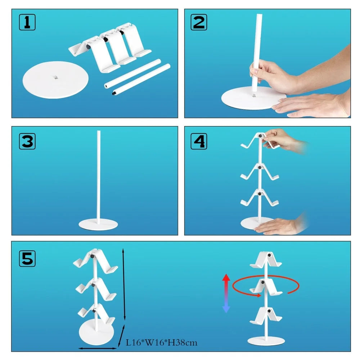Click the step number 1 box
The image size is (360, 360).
tap(27, 22)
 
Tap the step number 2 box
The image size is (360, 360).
tap(199, 22)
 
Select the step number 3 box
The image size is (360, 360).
tap(27, 141)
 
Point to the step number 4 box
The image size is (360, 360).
tap(199, 141)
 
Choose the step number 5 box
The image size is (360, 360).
tap(27, 258)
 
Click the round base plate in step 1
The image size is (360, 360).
tap(55, 80)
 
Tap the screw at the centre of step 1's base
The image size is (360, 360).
tap(56, 78)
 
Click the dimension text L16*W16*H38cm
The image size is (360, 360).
tap(162, 343)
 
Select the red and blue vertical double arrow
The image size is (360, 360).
tap(226, 293)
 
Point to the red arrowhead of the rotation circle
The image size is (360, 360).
tap(259, 296)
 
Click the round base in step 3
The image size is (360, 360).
tap(98, 224)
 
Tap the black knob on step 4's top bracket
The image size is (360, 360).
tap(261, 136)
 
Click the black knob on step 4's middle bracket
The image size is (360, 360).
tap(260, 168)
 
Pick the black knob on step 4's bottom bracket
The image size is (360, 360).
tap(260, 194)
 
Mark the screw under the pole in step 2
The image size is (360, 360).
tap(254, 95)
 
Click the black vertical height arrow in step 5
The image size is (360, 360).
tap(124, 284)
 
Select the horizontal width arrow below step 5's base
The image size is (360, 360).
tap(98, 348)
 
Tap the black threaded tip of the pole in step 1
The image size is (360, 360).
tap(114, 94)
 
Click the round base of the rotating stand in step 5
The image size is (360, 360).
tap(266, 341)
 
